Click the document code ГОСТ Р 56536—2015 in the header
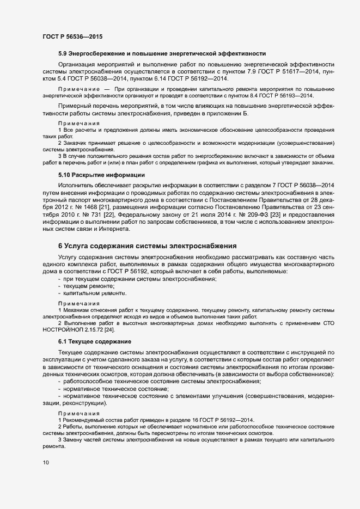tap(72, 36)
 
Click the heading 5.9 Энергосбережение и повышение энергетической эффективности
tap(162, 53)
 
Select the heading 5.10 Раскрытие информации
tap(101, 175)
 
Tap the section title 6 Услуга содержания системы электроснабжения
tap(147, 246)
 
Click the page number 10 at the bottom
tap(46, 463)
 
